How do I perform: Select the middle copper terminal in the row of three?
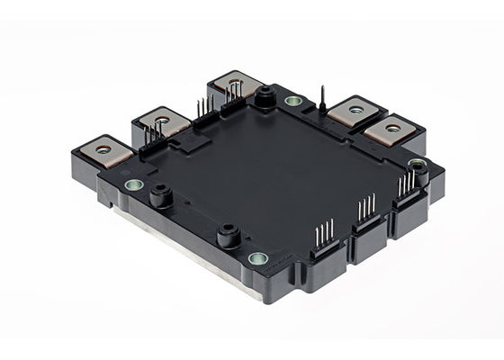click(x=163, y=117)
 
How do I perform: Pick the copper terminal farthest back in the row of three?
click(x=232, y=85)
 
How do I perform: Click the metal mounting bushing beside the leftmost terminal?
click(x=133, y=184)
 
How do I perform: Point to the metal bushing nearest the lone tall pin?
click(x=293, y=101)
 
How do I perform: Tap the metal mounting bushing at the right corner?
click(x=415, y=165)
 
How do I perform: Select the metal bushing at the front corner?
click(x=258, y=259)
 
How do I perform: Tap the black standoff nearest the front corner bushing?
click(x=227, y=238)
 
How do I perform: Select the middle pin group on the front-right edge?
click(x=365, y=214)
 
